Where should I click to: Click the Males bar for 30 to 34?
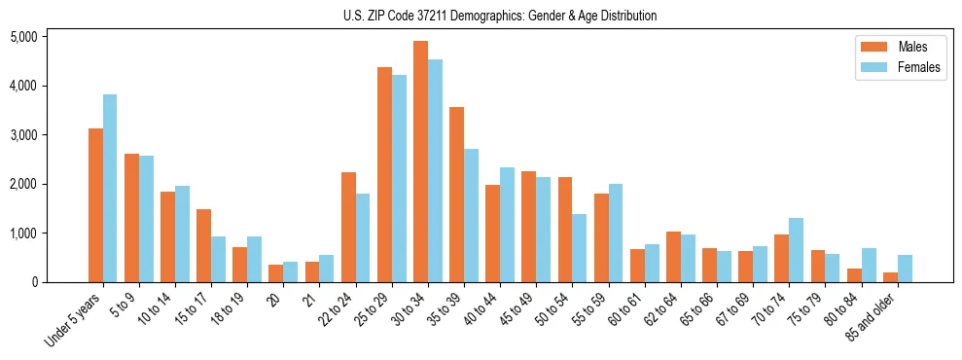(x=420, y=162)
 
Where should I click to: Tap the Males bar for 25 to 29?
(x=384, y=175)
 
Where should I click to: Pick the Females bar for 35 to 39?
(x=471, y=215)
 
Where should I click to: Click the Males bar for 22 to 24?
(x=348, y=227)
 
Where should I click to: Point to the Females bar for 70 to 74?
(x=796, y=250)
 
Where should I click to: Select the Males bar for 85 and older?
(x=890, y=277)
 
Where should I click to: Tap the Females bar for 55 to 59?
(x=615, y=233)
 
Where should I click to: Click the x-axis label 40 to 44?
(x=484, y=309)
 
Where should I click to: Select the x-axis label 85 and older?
(x=873, y=318)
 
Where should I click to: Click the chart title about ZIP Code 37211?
(x=500, y=16)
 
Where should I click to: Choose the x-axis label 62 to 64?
(x=664, y=309)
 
